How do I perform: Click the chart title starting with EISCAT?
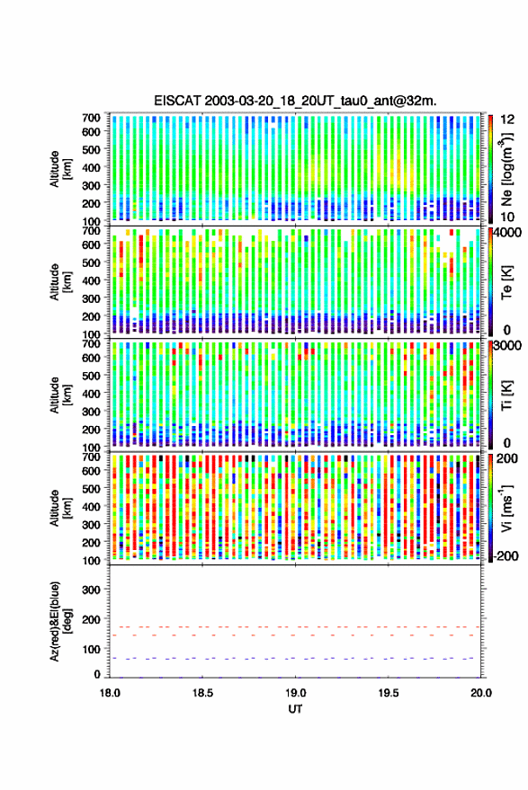pos(296,101)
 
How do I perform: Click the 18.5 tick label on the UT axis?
pos(202,693)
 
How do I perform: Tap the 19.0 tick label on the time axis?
pos(296,693)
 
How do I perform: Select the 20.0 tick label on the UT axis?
pos(481,693)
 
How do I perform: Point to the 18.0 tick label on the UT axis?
pos(110,693)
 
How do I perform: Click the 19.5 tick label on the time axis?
pos(389,693)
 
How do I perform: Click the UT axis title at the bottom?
pos(296,709)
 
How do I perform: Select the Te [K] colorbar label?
pos(506,283)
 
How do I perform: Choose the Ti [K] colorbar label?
pos(506,396)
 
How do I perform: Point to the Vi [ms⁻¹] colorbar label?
pos(506,508)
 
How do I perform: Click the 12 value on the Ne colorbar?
pos(508,120)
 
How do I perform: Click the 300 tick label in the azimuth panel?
pos(91,590)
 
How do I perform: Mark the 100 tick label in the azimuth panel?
pos(91,650)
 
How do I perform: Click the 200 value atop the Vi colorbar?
pos(507,458)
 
